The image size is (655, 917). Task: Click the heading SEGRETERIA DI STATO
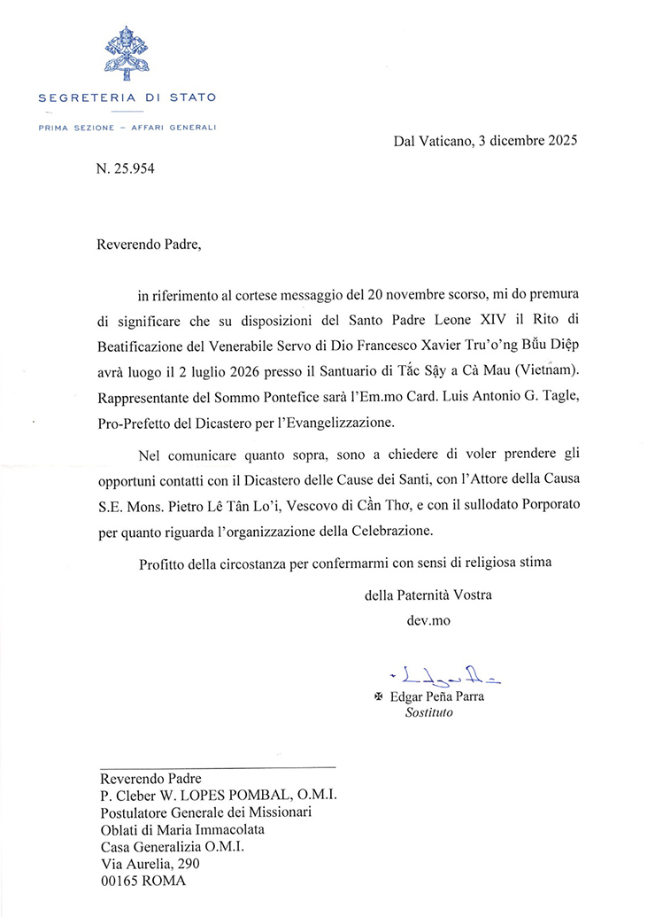tap(127, 97)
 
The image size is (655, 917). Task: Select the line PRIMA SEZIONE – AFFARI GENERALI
tap(127, 128)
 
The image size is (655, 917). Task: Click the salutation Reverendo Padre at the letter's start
tap(143, 245)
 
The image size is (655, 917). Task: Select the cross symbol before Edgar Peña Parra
tap(381, 697)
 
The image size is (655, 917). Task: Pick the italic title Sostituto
tap(423, 712)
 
